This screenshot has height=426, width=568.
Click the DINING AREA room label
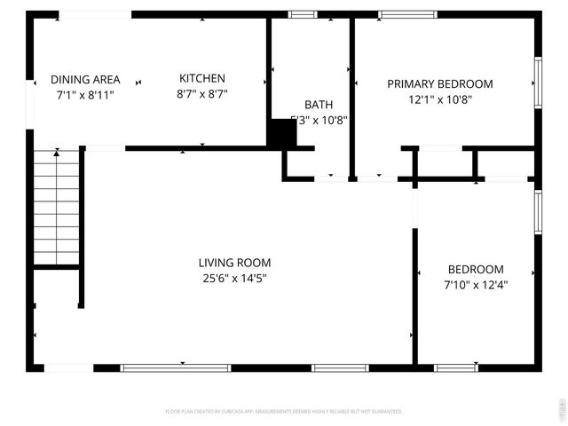pyautogui.click(x=85, y=80)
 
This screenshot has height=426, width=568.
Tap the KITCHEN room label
pyautogui.click(x=202, y=78)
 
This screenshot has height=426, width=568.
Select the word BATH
pyautogui.click(x=318, y=105)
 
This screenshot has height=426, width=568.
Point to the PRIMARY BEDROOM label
pyautogui.click(x=440, y=84)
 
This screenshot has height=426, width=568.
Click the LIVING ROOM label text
pyautogui.click(x=234, y=263)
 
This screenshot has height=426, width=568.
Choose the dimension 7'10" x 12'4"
pyautogui.click(x=476, y=285)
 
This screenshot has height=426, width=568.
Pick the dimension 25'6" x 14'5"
pyautogui.click(x=234, y=278)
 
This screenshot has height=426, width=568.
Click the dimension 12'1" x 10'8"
pyautogui.click(x=440, y=99)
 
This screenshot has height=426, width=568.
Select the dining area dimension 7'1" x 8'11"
pyautogui.click(x=85, y=94)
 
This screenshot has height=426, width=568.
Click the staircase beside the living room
pyautogui.click(x=58, y=209)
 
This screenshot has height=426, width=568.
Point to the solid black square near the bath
pyautogui.click(x=282, y=133)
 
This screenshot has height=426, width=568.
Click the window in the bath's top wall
pyautogui.click(x=304, y=14)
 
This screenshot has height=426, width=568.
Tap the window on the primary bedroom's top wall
pyautogui.click(x=407, y=14)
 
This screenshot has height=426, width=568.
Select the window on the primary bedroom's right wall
pyautogui.click(x=538, y=83)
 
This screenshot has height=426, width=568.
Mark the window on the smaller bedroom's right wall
pyautogui.click(x=538, y=212)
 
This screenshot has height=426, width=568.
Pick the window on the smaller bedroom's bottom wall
pyautogui.click(x=455, y=367)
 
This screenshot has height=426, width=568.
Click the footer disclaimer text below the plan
pyautogui.click(x=284, y=412)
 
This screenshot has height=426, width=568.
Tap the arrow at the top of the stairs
pyautogui.click(x=57, y=154)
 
